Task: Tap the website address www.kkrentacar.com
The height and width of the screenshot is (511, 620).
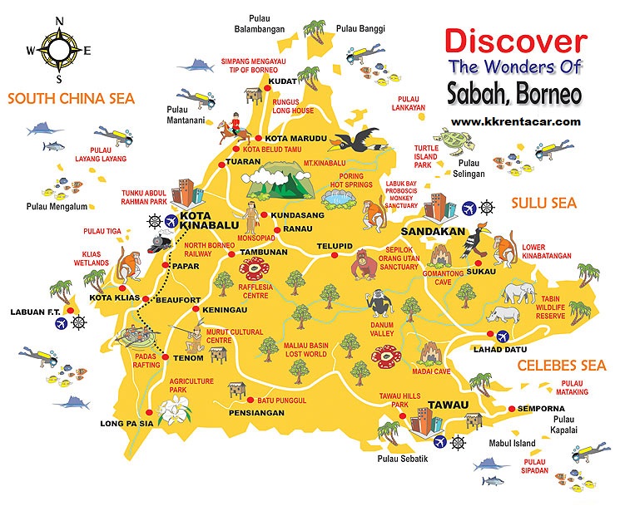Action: [x=516, y=121]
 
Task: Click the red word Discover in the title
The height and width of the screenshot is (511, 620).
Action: [x=514, y=41]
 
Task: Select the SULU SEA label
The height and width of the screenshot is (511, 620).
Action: [x=543, y=203]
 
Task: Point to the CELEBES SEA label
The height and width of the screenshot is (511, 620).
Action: [x=562, y=366]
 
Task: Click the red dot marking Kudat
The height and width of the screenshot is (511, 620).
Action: [x=270, y=104]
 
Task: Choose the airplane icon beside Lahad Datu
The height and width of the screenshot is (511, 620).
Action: [x=503, y=337]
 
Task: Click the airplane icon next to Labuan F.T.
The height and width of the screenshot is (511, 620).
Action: [x=60, y=323]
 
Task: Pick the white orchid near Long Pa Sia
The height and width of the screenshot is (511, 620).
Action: [x=176, y=409]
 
